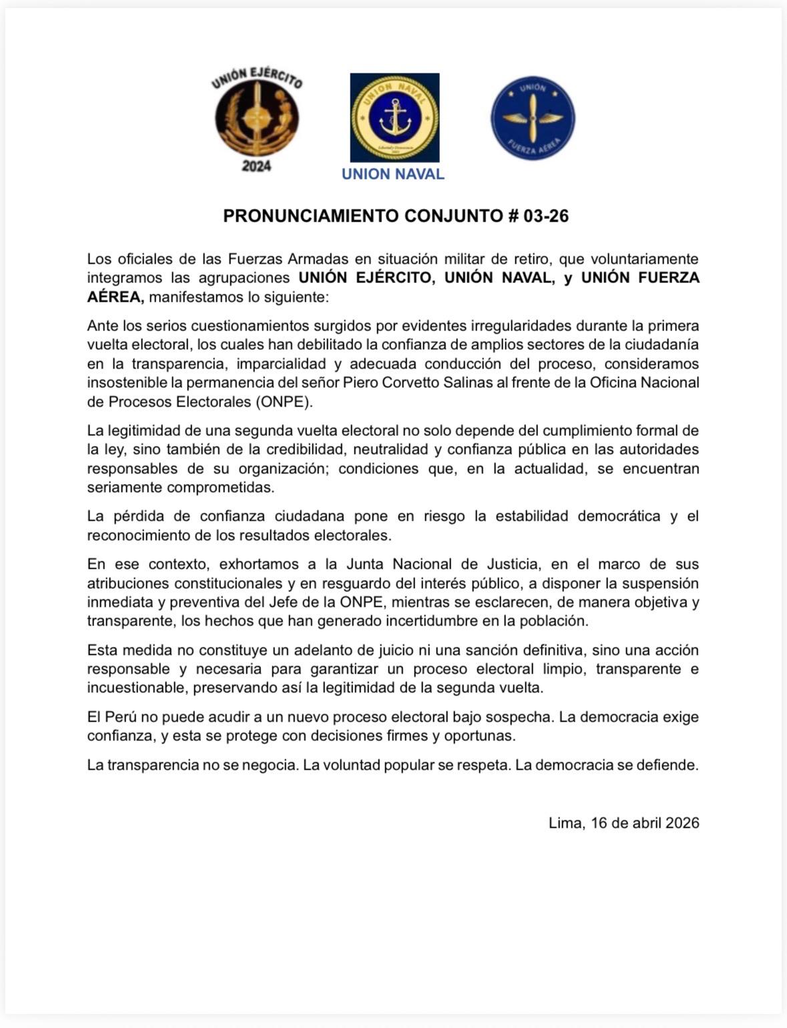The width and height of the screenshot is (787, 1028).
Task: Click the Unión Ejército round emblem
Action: (x=257, y=119)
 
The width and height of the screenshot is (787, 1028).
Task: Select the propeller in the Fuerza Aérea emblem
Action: (x=533, y=117)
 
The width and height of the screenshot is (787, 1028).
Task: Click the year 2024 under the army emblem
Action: (x=256, y=166)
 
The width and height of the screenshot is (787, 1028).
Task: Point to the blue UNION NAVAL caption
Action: (x=392, y=174)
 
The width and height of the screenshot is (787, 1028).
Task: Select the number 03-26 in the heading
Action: (x=546, y=216)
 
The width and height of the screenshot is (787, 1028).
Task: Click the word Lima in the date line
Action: (x=565, y=823)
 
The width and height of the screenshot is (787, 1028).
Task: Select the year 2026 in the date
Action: (x=682, y=823)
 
